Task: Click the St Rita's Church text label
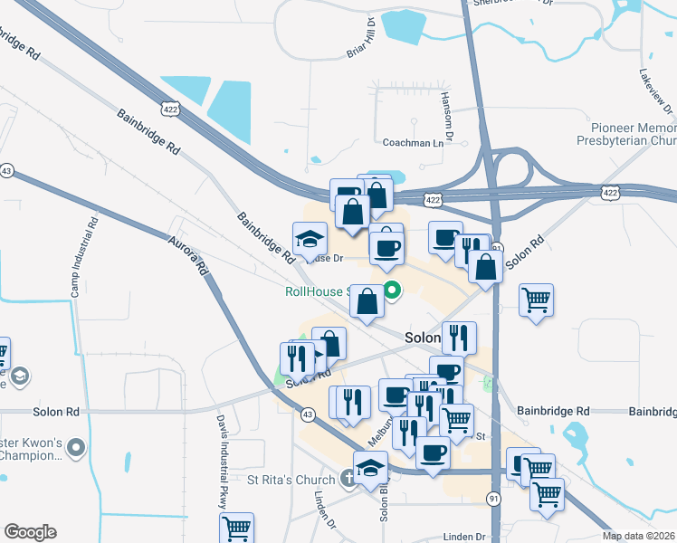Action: click(x=291, y=479)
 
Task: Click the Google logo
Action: click(x=30, y=532)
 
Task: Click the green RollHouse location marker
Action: click(x=392, y=291)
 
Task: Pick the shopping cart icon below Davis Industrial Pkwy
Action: click(x=236, y=527)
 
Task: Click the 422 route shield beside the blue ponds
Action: click(x=169, y=110)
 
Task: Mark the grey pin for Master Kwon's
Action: click(x=76, y=446)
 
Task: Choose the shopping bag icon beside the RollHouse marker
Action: click(x=367, y=301)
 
